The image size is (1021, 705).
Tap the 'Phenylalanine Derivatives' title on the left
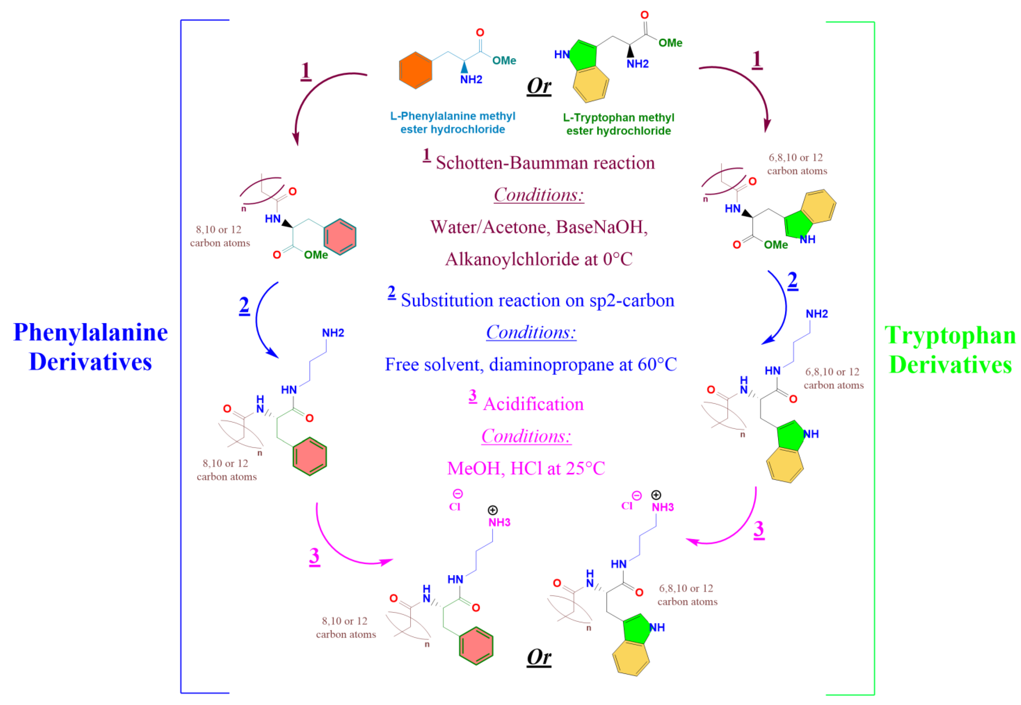[91, 347]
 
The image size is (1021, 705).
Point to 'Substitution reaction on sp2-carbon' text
[537, 300]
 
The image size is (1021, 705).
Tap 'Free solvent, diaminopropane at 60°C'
[530, 364]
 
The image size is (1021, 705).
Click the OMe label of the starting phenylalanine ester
[504, 60]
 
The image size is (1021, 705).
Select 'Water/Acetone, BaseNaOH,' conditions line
[538, 227]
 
